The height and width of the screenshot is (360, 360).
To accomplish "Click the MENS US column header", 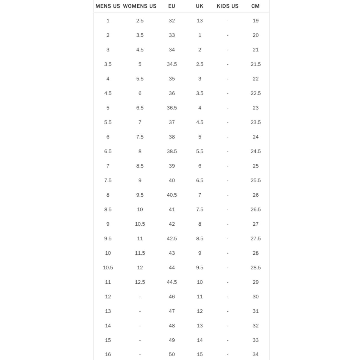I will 108,6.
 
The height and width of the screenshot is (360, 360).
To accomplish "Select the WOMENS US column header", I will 140,6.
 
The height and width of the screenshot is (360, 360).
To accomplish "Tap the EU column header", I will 172,6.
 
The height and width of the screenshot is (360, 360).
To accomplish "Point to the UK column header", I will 200,6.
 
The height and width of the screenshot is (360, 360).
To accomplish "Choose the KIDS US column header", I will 227,6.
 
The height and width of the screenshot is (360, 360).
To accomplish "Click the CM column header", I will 255,6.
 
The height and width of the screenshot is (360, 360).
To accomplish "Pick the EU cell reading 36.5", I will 172,108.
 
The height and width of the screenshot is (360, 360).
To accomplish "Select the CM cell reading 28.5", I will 255,267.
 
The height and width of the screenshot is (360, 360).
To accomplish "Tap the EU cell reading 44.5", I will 172,282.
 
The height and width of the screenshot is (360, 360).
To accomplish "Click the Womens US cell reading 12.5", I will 140,282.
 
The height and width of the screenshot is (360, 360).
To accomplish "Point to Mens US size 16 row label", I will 108,354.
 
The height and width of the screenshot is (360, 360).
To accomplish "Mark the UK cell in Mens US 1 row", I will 200,20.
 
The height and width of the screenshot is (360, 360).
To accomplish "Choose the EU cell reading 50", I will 172,354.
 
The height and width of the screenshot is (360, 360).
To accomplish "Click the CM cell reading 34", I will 255,354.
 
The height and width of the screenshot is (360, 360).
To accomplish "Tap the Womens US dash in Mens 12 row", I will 140,297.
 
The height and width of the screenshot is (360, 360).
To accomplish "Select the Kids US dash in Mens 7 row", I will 227,166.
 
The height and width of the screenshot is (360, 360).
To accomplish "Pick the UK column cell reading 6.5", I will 200,180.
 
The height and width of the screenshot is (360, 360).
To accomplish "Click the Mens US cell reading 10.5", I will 108,267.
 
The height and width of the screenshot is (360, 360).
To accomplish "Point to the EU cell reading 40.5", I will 172,195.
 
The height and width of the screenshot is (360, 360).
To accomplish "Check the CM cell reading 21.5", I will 255,64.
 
